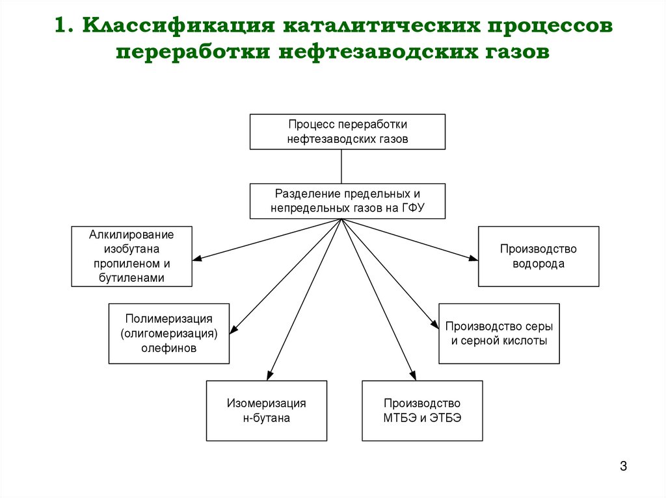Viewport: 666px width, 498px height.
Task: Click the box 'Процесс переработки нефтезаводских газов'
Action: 348,132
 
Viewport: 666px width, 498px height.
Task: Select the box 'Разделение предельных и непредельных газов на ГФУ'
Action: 348,201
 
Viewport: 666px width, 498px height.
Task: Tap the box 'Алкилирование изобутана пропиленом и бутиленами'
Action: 131,256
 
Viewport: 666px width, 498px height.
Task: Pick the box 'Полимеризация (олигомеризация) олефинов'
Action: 168,333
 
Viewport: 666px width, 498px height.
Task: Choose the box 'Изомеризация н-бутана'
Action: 266,410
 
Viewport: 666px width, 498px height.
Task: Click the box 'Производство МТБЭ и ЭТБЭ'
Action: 422,410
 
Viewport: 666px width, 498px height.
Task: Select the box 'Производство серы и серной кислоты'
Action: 499,333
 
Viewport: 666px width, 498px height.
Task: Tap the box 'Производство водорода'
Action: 538,256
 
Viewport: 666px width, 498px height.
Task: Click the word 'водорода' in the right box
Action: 538,264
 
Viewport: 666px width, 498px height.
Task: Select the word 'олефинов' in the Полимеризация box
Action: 168,348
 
